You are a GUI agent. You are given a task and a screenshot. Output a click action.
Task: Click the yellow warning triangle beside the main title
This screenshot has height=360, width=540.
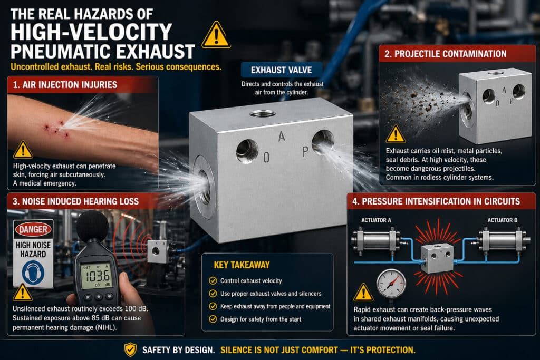tap(216, 35)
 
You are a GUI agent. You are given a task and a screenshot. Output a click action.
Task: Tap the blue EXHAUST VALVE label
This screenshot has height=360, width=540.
tap(282, 70)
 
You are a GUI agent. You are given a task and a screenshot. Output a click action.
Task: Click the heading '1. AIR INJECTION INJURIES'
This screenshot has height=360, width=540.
tap(65, 85)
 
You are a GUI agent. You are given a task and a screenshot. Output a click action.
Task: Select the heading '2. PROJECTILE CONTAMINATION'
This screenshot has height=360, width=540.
tap(445, 54)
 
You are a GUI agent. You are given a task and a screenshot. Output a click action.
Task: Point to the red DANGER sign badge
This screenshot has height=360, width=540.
tap(33, 229)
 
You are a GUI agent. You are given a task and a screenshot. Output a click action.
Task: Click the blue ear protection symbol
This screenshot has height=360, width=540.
tap(33, 272)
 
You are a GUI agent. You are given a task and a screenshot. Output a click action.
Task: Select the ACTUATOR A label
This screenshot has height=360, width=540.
tap(376, 220)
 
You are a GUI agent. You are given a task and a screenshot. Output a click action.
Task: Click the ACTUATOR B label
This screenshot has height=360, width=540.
tap(502, 220)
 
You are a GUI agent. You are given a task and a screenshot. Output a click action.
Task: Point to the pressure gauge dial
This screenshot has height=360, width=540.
tap(391, 284)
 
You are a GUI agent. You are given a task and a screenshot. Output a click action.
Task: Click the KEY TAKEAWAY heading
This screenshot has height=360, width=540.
tap(242, 265)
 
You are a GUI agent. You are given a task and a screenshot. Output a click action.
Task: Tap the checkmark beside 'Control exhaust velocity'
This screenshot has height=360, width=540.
tap(213, 280)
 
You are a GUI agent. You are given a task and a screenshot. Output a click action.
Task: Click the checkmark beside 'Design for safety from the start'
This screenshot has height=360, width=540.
tap(213, 319)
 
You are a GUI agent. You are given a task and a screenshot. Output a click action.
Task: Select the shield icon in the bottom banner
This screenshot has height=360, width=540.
tap(130, 349)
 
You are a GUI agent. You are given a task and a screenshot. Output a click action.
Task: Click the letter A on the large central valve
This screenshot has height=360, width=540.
tap(282, 137)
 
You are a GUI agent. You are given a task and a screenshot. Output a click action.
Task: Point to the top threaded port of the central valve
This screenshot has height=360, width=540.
tap(263, 113)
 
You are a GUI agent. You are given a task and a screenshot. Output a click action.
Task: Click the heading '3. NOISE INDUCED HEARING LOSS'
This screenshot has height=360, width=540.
tap(76, 201)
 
